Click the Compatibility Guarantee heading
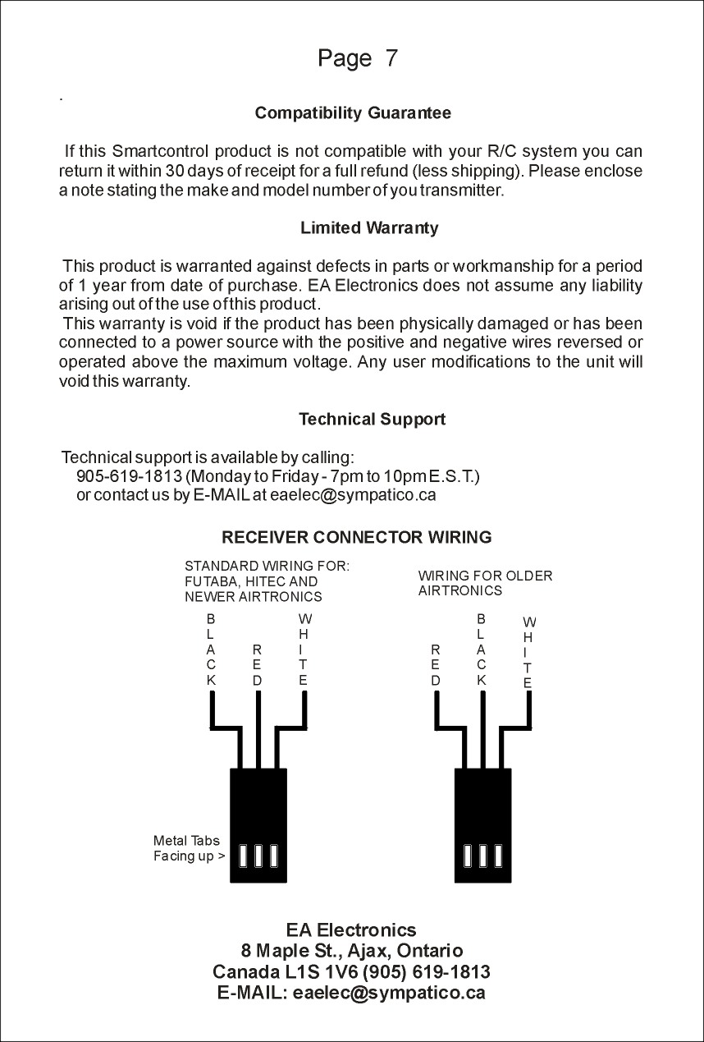(353, 112)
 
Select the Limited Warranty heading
(369, 228)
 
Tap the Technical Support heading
(372, 420)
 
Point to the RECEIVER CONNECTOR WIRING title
(357, 538)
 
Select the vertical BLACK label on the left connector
(211, 650)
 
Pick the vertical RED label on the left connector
(258, 664)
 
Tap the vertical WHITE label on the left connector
(304, 650)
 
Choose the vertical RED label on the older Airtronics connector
(436, 664)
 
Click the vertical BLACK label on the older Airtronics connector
(482, 650)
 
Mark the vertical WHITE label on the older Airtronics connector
(528, 652)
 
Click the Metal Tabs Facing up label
(188, 849)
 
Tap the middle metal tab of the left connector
(258, 856)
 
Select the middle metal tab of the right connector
(482, 856)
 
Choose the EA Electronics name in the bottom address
(351, 930)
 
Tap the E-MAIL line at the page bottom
(351, 993)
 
